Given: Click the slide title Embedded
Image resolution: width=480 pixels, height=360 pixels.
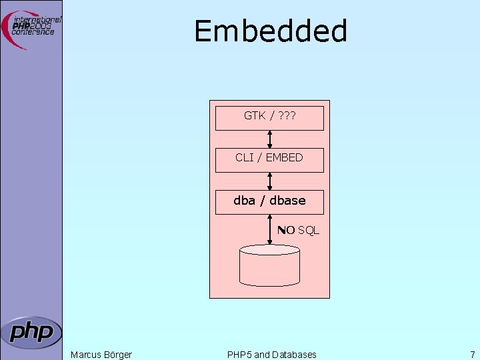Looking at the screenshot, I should tap(271, 31).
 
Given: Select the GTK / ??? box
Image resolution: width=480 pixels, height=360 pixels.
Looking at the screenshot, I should tap(269, 117).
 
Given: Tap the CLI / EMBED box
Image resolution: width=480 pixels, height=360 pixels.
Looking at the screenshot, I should tap(269, 159).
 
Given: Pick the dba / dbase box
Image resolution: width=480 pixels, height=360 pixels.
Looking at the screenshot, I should tap(269, 201).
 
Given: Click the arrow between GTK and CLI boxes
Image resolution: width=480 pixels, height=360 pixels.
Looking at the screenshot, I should tap(269, 139).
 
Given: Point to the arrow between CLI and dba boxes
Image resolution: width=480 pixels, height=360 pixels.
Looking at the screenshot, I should tap(269, 181).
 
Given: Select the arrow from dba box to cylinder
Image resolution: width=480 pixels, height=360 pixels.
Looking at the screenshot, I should tap(269, 229).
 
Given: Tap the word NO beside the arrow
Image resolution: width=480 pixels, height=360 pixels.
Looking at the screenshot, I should tap(287, 231).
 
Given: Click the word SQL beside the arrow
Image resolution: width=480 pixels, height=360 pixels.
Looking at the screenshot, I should tap(309, 231).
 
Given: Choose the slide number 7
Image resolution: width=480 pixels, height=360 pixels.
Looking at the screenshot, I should tap(472, 355).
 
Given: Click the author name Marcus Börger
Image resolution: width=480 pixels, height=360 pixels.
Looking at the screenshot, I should tap(101, 355).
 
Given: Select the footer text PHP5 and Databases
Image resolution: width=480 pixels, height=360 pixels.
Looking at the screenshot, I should tap(271, 355).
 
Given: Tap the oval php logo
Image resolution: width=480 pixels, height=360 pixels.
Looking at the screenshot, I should tap(31, 331).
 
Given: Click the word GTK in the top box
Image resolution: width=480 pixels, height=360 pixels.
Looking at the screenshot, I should tap(255, 116).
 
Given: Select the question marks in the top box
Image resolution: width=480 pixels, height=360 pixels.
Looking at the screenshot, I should tap(287, 116).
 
